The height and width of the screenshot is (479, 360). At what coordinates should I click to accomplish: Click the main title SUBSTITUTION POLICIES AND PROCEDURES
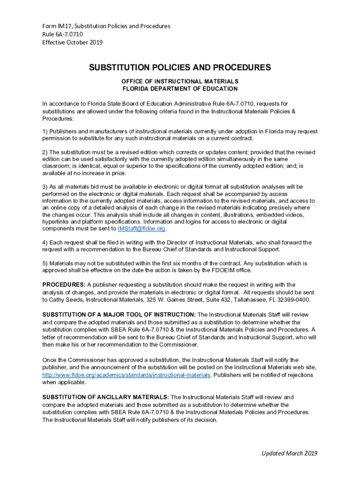[180, 67]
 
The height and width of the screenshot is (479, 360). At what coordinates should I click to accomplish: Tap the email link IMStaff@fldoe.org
[142, 229]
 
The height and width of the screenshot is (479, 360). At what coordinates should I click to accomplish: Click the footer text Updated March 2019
[290, 453]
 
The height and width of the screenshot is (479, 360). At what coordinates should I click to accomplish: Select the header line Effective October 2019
[72, 43]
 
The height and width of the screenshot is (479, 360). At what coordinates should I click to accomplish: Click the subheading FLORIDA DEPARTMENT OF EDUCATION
[180, 89]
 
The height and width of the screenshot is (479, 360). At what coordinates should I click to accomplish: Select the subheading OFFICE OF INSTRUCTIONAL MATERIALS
[180, 81]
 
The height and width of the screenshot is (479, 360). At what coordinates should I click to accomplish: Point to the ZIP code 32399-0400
[292, 300]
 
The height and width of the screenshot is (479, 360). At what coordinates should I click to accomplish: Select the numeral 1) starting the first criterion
[45, 131]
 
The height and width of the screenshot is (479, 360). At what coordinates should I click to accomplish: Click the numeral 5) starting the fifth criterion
[45, 263]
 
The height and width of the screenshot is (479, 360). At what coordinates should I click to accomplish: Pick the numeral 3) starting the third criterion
[45, 187]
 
